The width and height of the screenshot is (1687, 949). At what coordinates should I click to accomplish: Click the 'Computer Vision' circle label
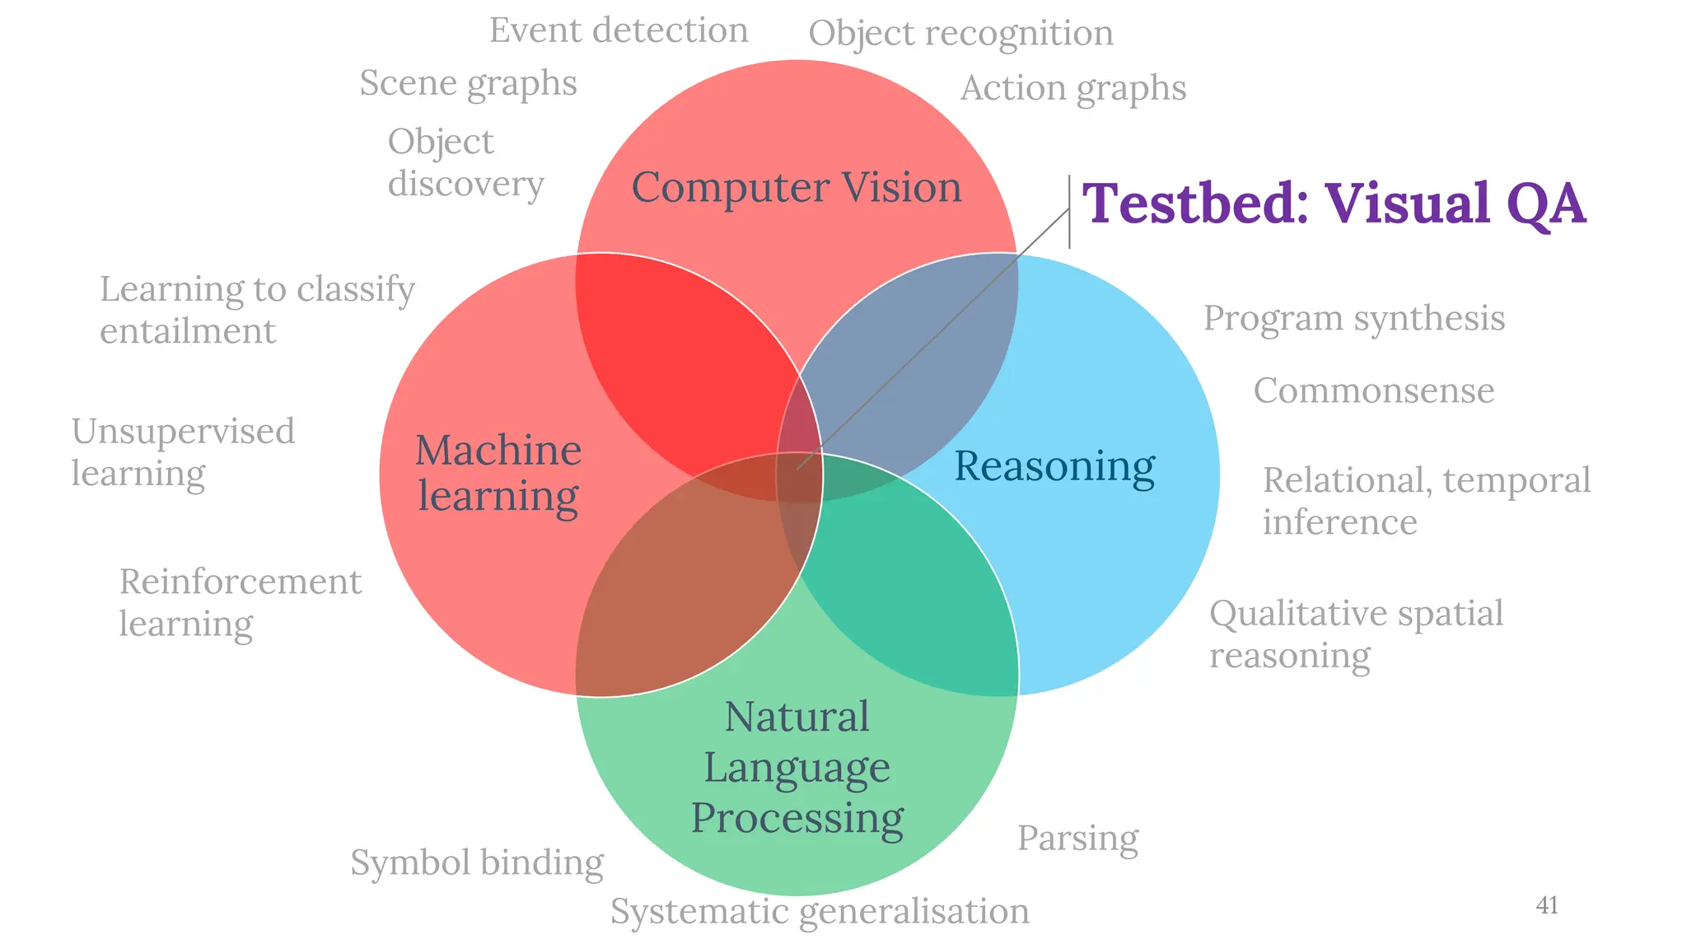coord(796,188)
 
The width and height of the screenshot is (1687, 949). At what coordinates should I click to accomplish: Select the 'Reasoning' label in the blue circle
coord(1054,466)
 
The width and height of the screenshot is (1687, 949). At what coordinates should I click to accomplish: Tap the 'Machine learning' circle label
coord(498,473)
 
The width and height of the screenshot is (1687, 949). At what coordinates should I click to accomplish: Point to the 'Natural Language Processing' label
coord(797,767)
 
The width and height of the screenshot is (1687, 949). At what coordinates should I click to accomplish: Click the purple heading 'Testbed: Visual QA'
coord(1333,203)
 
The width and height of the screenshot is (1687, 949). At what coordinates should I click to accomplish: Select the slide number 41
coord(1547,905)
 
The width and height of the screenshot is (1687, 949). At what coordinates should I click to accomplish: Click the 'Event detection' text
coord(619,30)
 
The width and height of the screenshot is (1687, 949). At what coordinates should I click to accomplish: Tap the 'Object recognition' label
coord(960,34)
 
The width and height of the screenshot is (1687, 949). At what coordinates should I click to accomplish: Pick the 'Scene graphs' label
coord(468,83)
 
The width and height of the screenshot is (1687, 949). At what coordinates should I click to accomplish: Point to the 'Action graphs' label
coord(1073,88)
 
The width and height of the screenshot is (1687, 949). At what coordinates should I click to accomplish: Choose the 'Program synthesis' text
coord(1353,319)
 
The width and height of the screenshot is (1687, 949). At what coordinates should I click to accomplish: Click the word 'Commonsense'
coord(1373,390)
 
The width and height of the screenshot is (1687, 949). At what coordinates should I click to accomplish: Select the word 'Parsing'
coord(1077,839)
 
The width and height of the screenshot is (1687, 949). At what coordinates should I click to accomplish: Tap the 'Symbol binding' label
coord(477,863)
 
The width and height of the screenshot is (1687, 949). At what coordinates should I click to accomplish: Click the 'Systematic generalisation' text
coord(820,911)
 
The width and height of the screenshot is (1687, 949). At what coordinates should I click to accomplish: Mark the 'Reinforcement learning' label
coord(240,602)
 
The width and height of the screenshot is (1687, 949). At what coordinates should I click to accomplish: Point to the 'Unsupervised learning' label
coord(183,452)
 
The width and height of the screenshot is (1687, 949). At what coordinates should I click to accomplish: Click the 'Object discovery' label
coord(465,162)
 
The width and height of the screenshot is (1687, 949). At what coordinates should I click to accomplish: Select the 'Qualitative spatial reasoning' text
coord(1356,634)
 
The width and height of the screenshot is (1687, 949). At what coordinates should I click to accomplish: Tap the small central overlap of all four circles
coord(798,476)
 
